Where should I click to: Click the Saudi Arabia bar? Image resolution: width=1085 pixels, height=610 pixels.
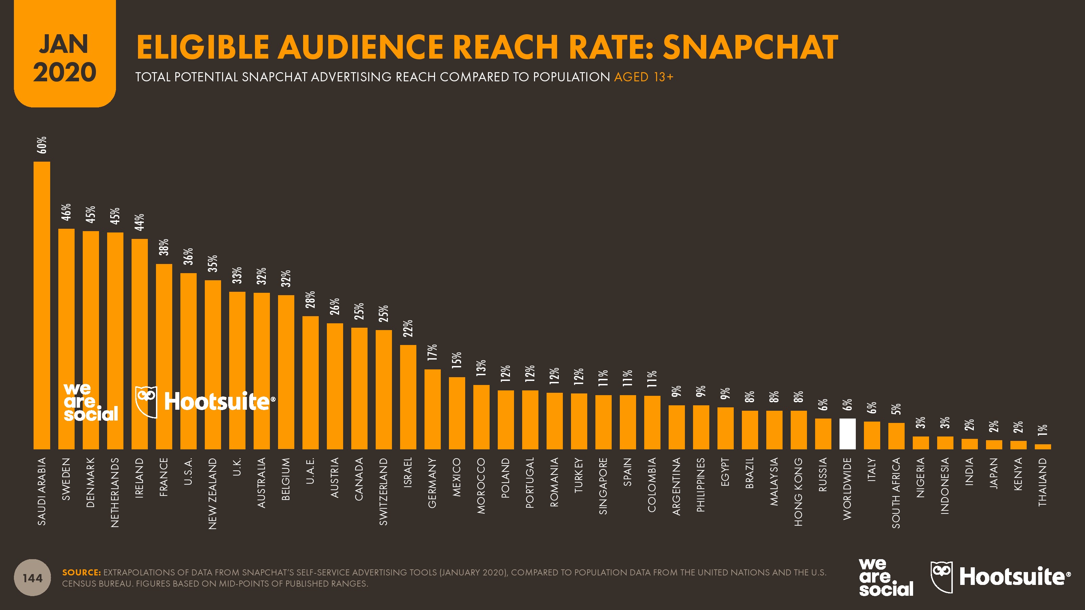[42, 305]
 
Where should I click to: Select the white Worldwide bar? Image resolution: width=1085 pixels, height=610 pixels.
[847, 434]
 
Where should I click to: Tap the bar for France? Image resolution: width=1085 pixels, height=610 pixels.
[164, 356]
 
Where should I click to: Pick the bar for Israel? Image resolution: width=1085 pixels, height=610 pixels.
[408, 396]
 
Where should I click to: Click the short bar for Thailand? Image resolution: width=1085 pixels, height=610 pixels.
[1043, 447]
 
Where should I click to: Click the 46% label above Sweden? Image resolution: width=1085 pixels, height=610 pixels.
[66, 212]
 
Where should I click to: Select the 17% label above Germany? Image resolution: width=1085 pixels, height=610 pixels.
[432, 352]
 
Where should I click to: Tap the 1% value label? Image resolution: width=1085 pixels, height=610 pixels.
[1043, 430]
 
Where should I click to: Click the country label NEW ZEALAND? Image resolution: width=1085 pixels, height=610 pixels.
[213, 493]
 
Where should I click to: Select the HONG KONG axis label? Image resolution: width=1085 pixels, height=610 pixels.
[798, 492]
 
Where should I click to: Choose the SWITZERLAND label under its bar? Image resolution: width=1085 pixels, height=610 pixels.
[383, 491]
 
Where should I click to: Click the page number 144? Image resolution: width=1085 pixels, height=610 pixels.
[33, 578]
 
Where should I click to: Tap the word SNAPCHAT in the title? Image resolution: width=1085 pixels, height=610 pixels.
[750, 47]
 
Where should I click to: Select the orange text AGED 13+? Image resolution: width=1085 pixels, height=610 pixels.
[644, 77]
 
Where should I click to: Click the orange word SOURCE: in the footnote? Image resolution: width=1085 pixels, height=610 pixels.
[81, 572]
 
